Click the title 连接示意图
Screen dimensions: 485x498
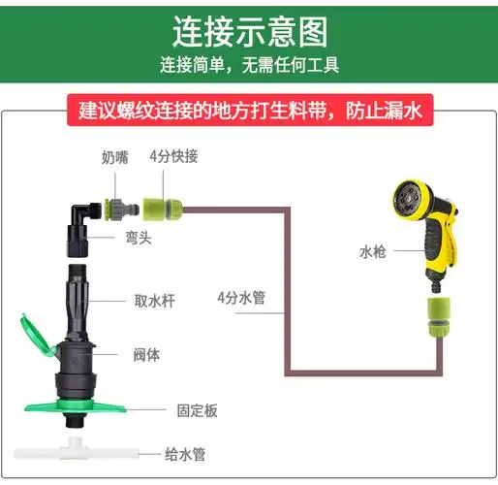(249, 32)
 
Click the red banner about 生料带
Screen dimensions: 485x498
(250, 110)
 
